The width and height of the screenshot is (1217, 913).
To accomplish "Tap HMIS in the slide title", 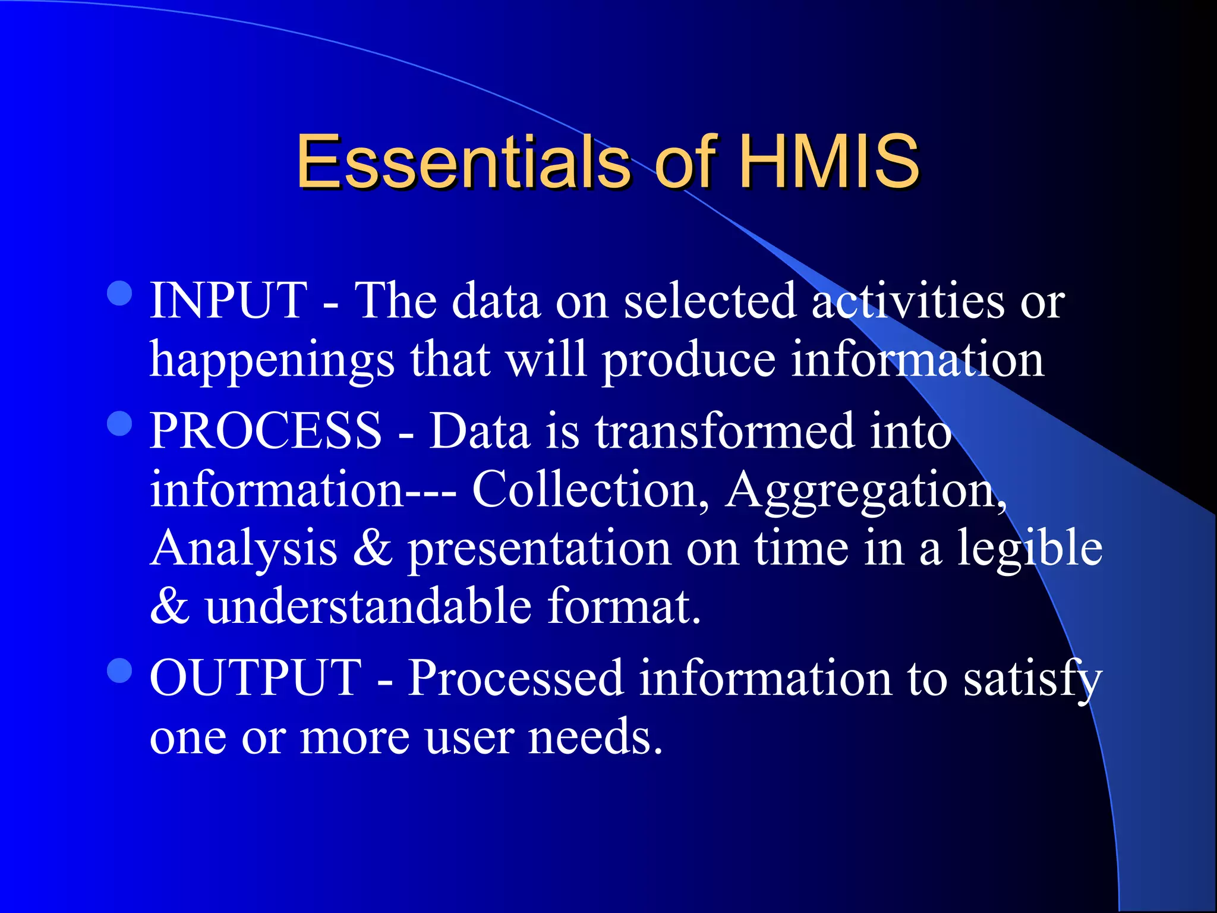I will coord(829,162).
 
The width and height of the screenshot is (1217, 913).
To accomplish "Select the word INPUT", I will coord(229,301).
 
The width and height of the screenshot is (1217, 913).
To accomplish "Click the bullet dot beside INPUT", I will coord(120,293).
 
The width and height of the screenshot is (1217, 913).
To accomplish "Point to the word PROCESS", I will coord(266,431).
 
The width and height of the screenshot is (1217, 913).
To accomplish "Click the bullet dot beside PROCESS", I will coord(120,423).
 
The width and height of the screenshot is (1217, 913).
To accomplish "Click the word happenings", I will coord(272,361).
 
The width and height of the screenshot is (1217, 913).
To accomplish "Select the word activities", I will coord(908,301).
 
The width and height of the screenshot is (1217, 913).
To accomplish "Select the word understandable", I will coord(368,606).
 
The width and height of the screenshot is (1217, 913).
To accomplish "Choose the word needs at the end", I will coord(594,737).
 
